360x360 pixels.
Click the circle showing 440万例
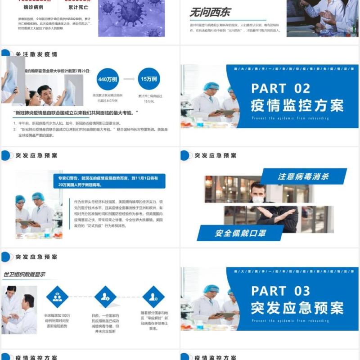tap(108, 79)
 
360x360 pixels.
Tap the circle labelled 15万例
tap(149, 79)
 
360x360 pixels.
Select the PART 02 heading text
tap(281, 88)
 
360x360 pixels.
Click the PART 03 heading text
tap(281, 290)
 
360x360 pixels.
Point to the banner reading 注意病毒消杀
tap(304, 176)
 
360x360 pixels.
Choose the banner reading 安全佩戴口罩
tap(240, 233)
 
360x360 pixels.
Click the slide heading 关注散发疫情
tap(36, 54)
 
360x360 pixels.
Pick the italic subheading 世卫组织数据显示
tap(24, 274)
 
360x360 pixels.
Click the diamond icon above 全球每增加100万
tap(57, 297)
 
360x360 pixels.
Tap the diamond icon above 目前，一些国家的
tap(105, 297)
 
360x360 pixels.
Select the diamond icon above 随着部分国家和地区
tap(153, 297)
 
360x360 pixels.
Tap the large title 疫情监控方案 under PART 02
tap(297, 105)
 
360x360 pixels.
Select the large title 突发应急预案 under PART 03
tap(297, 308)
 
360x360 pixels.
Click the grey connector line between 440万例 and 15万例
tap(129, 79)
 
